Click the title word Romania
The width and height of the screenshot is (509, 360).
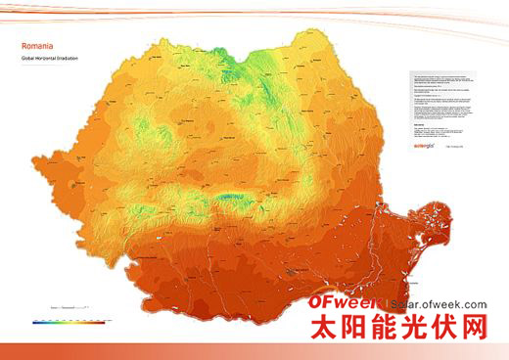click(37, 45)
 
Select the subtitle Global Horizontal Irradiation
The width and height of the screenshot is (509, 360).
click(49, 57)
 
